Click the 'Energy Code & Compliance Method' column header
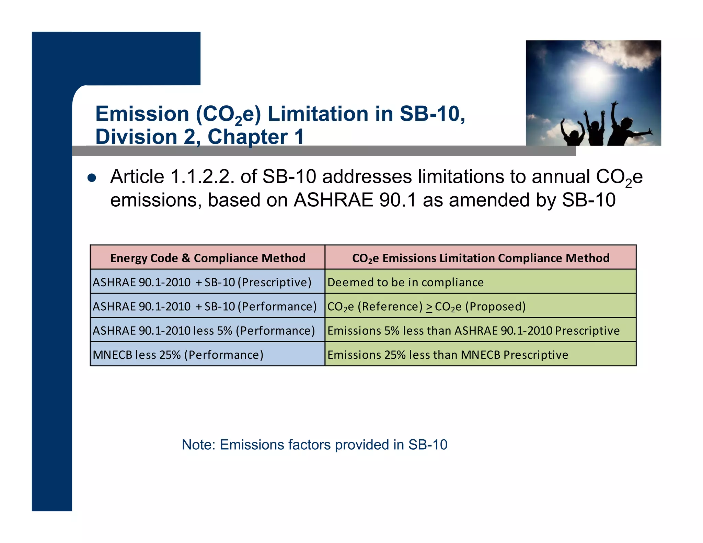208,258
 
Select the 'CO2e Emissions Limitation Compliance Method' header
481,258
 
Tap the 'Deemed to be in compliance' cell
405,282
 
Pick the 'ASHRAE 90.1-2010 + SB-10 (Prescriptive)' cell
202,282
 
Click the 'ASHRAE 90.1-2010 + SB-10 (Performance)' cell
205,306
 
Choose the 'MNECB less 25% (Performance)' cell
178,355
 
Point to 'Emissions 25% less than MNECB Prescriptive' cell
448,355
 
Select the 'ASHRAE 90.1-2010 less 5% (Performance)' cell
204,331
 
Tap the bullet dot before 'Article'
92,178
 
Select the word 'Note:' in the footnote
198,445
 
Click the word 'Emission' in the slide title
142,114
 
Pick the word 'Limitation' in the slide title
318,114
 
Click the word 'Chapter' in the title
247,137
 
